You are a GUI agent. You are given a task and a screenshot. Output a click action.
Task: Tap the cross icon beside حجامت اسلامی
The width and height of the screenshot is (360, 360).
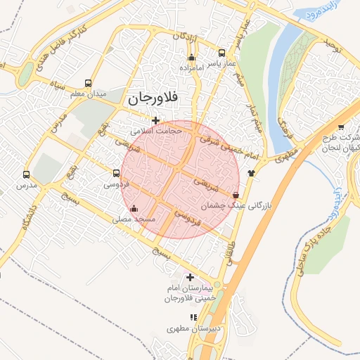pos(155,120)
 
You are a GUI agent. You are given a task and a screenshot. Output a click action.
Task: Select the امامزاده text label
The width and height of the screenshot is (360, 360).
pos(191,69)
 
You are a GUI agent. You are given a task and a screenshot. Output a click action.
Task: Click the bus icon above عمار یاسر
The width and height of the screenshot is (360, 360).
pos(222,53)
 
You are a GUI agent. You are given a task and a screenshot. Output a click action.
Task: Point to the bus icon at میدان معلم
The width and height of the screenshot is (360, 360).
pos(87,82)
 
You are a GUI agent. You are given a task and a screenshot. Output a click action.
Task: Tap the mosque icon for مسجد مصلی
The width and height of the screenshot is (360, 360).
pos(134,209)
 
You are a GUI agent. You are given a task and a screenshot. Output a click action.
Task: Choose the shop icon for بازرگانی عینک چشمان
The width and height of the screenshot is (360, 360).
pos(235,195)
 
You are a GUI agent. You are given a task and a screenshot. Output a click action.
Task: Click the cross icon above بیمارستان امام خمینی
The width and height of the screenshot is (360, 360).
pos(190,278)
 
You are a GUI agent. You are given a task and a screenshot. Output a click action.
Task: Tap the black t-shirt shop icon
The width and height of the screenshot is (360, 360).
pos(251,172)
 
